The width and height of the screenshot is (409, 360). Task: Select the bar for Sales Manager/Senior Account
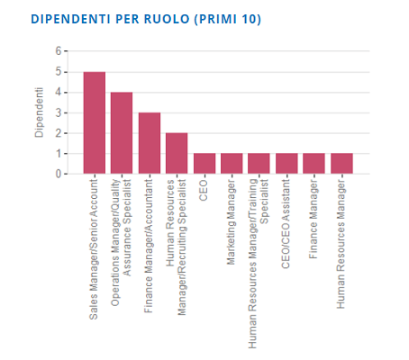pyautogui.click(x=95, y=122)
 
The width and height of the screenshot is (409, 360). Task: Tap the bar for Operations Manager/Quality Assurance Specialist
pyautogui.click(x=122, y=132)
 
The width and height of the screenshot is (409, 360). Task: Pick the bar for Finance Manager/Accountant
pyautogui.click(x=150, y=143)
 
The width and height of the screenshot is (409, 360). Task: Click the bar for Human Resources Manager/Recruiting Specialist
pyautogui.click(x=177, y=153)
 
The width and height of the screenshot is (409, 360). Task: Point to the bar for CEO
pyautogui.click(x=204, y=163)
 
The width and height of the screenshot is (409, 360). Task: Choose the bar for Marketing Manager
pyautogui.click(x=232, y=163)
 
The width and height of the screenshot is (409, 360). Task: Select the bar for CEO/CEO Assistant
pyautogui.click(x=286, y=163)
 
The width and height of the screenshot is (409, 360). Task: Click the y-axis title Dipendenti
pyautogui.click(x=39, y=112)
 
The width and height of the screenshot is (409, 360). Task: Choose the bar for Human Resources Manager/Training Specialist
pyautogui.click(x=259, y=163)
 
